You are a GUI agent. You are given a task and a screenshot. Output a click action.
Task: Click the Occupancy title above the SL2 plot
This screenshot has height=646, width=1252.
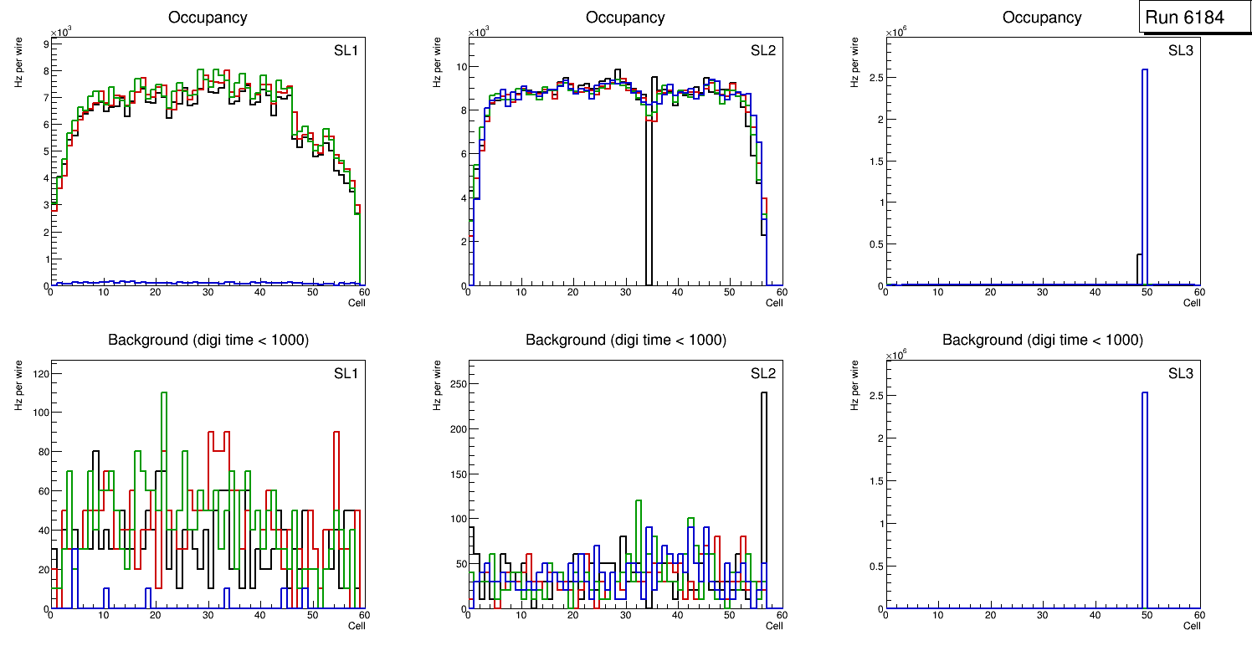tap(625, 18)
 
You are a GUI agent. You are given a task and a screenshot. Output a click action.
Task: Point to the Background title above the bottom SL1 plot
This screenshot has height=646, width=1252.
tap(208, 340)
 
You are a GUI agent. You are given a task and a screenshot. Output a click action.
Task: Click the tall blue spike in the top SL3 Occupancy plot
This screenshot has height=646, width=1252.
tap(1144, 167)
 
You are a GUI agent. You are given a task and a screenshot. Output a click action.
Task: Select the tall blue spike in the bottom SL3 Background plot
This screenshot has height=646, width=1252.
tap(1144, 502)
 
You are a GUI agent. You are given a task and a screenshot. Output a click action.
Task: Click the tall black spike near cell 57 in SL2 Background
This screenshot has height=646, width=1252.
tap(764, 502)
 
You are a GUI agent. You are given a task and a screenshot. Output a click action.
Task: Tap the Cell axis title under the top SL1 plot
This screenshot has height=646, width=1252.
tap(357, 303)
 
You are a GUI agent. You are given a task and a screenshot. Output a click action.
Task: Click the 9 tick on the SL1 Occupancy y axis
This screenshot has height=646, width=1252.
tap(45, 43)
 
